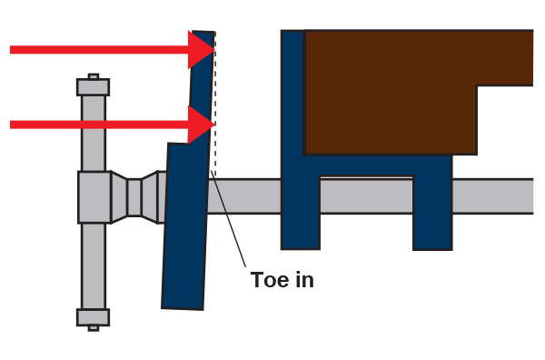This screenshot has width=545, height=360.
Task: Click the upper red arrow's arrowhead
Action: click(201, 49)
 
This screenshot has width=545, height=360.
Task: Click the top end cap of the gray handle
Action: click(94, 87)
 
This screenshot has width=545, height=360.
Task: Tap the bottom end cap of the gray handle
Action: click(94, 317)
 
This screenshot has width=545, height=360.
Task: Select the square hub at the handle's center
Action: click(94, 196)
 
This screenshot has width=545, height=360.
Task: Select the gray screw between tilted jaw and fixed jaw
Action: click(245, 195)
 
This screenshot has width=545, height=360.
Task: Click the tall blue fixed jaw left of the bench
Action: click(292, 136)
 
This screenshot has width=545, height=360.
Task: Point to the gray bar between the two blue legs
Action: click(366, 195)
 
